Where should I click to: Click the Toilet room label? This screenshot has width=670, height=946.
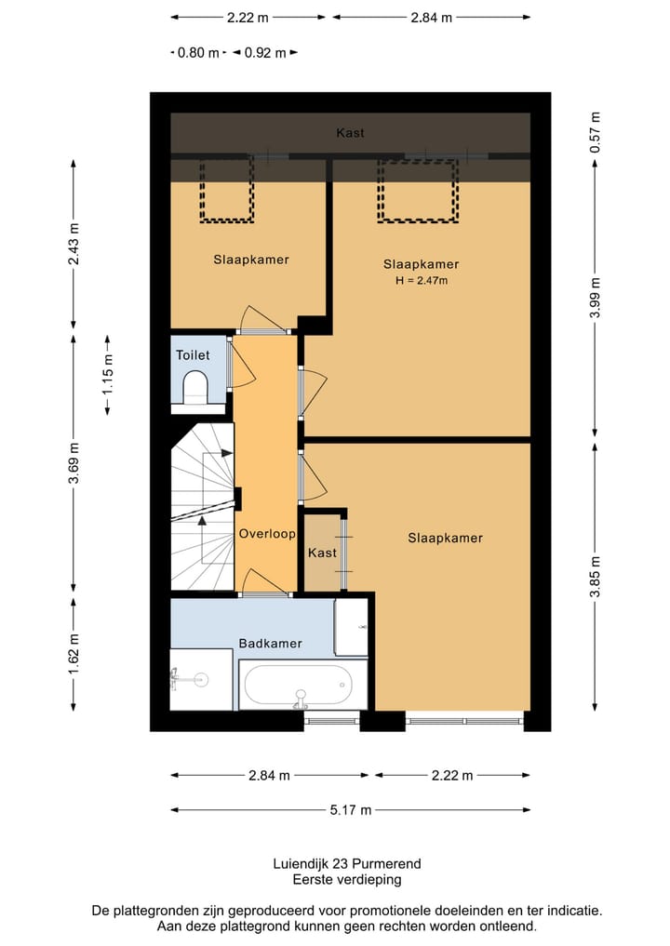point(193,354)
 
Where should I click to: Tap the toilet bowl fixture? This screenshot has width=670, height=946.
point(195,387)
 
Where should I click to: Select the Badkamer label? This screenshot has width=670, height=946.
point(270,643)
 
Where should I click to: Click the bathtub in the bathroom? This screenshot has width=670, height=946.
point(303,685)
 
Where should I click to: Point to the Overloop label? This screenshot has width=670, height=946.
point(267,533)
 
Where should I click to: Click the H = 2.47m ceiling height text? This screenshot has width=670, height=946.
point(422,280)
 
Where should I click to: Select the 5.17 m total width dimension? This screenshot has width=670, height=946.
point(350,809)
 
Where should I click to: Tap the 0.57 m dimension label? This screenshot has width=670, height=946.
point(596,132)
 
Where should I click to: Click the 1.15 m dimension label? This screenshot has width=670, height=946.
point(107,375)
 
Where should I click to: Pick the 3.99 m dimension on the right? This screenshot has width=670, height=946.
point(596,298)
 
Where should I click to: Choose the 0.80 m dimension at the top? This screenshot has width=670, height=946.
point(198,53)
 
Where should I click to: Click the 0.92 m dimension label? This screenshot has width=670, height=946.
point(265,53)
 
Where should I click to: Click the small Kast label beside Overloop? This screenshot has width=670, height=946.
point(322,553)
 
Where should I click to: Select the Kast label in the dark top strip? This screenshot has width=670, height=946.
point(350,133)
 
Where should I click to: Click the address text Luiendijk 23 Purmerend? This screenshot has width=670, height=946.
point(347,863)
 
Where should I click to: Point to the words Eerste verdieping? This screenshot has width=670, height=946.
point(347,880)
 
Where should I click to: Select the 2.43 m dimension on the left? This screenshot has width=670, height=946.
point(74,244)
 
